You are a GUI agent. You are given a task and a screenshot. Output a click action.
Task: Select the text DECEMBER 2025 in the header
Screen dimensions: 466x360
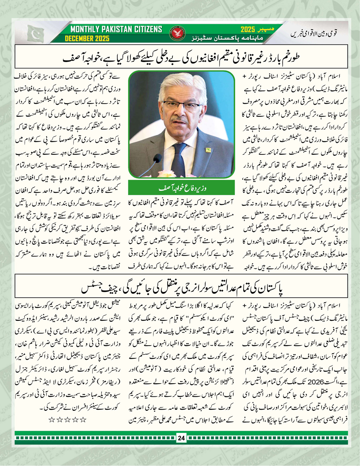click(88, 38)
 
